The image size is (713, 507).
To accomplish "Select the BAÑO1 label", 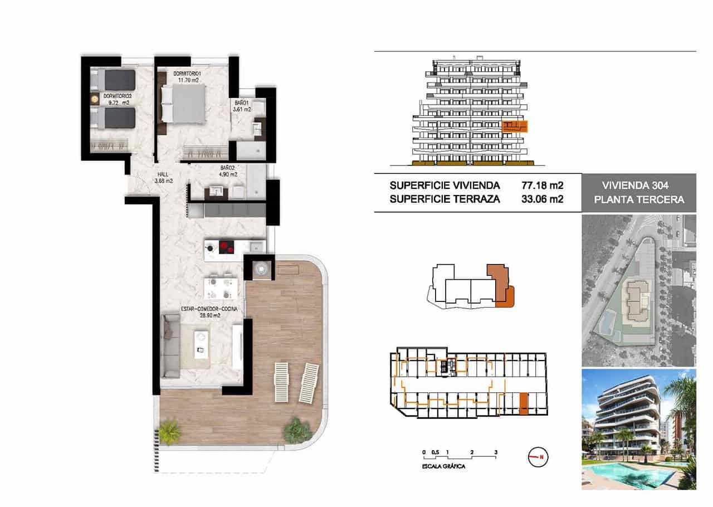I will (x=241, y=103).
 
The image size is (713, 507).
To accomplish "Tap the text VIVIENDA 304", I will (x=638, y=186).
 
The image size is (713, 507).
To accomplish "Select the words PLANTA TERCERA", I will (x=638, y=199).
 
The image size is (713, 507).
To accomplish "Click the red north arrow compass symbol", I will (x=539, y=457).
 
